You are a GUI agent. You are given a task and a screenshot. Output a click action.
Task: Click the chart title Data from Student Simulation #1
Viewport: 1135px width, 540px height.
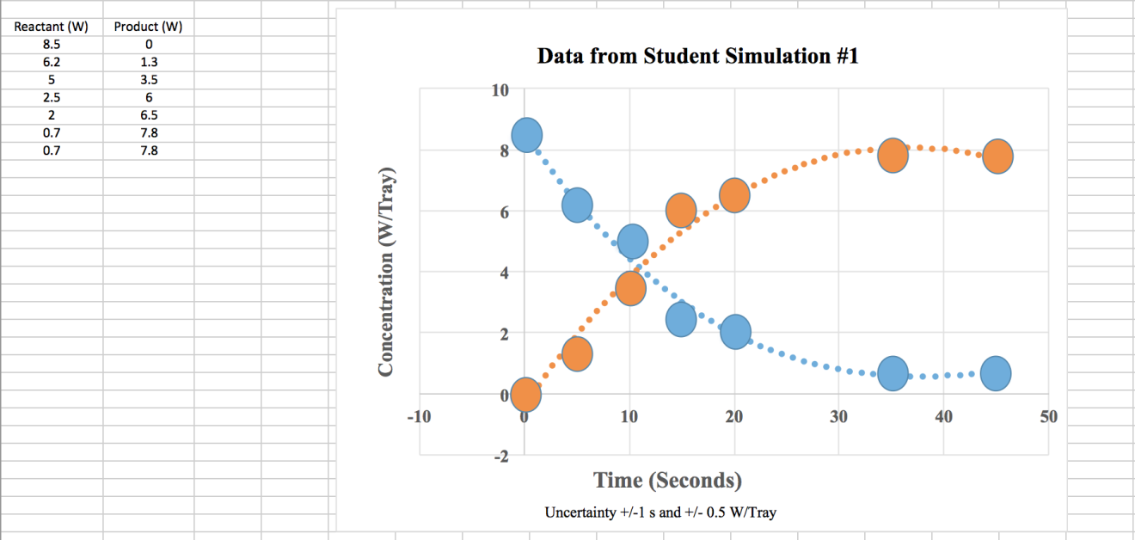point(697,57)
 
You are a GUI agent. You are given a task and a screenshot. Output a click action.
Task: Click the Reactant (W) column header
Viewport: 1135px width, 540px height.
point(52,27)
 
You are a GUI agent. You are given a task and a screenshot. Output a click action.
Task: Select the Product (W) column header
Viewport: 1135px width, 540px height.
point(149,27)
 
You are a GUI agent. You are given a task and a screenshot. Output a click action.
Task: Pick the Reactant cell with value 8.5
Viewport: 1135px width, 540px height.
point(52,44)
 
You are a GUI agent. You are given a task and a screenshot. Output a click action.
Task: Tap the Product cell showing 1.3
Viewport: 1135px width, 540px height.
point(149,62)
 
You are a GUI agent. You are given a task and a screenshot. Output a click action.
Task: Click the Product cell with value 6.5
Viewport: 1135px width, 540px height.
point(149,115)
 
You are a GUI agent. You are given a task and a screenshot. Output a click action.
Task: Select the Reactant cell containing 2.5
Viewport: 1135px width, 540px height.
point(52,97)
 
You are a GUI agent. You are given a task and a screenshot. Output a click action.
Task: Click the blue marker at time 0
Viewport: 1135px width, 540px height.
point(526,135)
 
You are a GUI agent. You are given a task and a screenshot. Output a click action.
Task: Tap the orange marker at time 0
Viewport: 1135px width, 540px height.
point(525,395)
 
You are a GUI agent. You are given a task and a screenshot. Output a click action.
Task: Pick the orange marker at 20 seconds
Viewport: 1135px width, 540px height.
point(734,195)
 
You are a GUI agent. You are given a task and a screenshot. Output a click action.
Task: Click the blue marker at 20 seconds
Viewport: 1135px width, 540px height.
point(735,332)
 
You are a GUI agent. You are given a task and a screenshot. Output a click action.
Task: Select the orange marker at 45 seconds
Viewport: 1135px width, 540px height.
point(997,156)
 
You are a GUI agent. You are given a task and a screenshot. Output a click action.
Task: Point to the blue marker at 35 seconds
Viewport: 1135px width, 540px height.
point(893,373)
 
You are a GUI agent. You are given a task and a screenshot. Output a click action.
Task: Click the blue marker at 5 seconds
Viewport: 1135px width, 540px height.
point(577,206)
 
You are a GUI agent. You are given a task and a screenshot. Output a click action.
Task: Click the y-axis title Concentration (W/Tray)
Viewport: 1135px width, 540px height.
point(386,269)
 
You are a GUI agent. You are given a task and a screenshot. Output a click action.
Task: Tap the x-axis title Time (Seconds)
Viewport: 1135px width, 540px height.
point(667,480)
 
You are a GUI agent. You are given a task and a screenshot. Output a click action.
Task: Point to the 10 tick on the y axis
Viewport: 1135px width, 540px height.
point(499,89)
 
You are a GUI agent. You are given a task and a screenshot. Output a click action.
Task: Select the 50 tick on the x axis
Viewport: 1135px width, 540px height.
point(1047,417)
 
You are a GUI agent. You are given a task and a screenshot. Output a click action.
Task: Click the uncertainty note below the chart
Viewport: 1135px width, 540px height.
point(660,512)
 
